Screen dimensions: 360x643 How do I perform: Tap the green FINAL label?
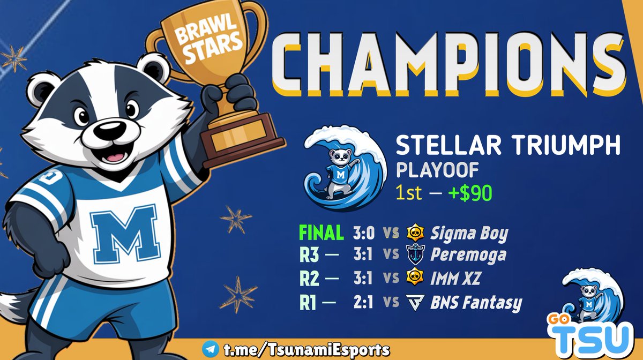pyautogui.click(x=321, y=233)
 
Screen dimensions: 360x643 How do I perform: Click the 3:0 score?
pyautogui.click(x=364, y=233)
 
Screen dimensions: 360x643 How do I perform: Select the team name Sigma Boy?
pyautogui.click(x=469, y=234)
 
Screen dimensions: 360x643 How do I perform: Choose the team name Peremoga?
pyautogui.click(x=467, y=256)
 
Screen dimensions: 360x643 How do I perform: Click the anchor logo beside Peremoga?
pyautogui.click(x=414, y=255)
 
